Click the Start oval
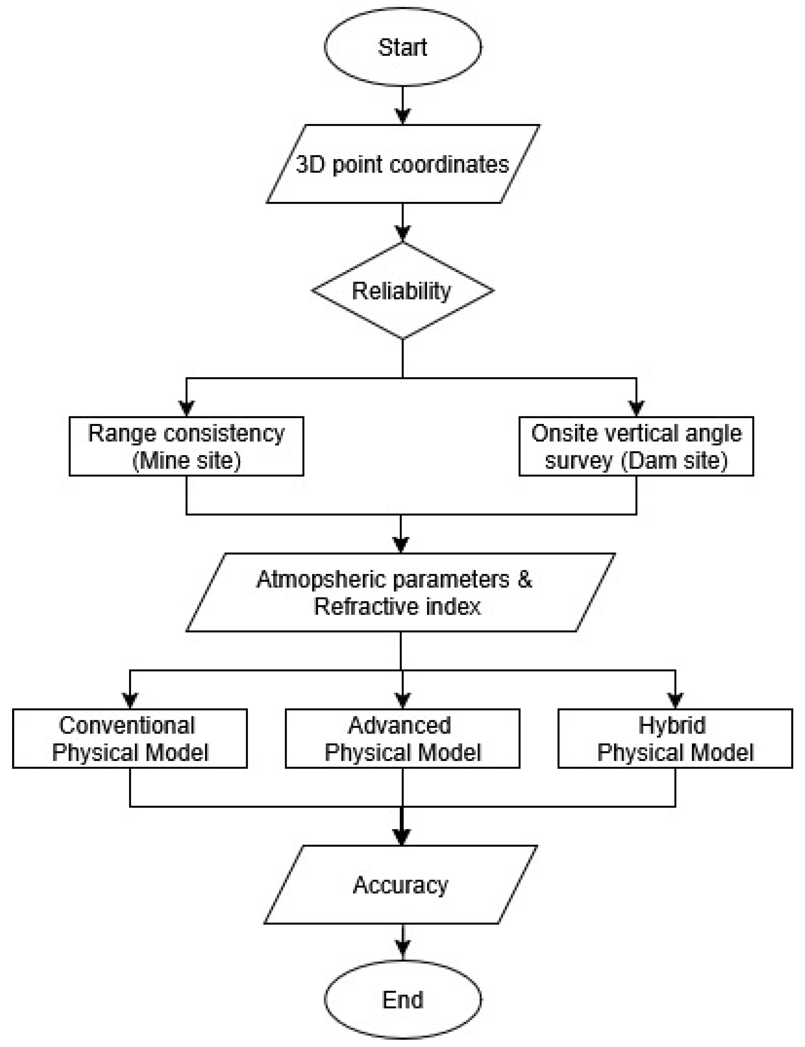click(x=402, y=47)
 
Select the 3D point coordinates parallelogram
click(x=402, y=164)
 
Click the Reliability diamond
click(x=402, y=291)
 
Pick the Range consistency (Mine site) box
click(x=186, y=446)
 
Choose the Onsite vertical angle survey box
click(x=636, y=446)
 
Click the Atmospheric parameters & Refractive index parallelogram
click(x=400, y=592)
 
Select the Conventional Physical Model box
click(x=130, y=739)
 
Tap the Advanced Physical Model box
click(x=402, y=739)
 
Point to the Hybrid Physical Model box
click(x=675, y=739)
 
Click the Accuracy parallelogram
click(x=400, y=884)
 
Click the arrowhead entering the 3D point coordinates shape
click(x=402, y=117)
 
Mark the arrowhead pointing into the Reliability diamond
click(x=402, y=235)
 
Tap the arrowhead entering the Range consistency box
click(x=186, y=409)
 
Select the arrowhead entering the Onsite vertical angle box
click(x=636, y=409)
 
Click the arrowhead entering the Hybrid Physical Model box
click(x=675, y=701)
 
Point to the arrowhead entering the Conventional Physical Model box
click(x=130, y=701)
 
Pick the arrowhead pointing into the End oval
click(x=402, y=954)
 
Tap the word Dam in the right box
click(x=649, y=461)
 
